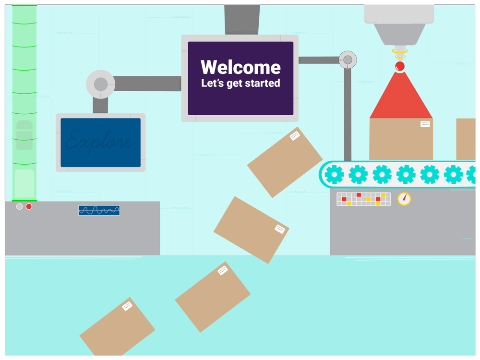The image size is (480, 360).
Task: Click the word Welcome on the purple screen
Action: tap(240, 67)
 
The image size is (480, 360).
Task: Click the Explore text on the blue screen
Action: tap(100, 141)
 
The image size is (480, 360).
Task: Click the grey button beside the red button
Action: tap(20, 206)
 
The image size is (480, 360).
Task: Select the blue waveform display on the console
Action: tap(99, 210)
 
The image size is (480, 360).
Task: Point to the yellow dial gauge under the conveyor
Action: tap(404, 199)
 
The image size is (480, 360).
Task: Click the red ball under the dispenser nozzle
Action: tap(399, 66)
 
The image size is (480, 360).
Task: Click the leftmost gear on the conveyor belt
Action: tap(334, 175)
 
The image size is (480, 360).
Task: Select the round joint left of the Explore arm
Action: tap(100, 84)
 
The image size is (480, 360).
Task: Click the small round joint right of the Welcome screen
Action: tap(348, 60)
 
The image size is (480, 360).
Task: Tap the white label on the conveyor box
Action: tap(425, 124)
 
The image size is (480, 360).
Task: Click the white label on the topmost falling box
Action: tap(295, 136)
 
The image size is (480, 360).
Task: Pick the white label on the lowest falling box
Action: tap(127, 306)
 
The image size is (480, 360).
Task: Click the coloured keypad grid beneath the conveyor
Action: tap(363, 199)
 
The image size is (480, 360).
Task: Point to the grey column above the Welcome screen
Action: tap(242, 19)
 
